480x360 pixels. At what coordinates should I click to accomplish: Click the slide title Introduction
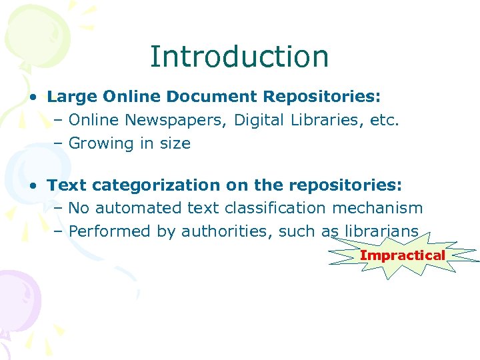click(x=239, y=57)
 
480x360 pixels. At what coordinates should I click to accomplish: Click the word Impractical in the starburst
click(x=402, y=255)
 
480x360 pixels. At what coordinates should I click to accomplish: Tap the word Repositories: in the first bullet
click(x=322, y=97)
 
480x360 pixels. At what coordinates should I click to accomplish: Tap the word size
click(x=174, y=143)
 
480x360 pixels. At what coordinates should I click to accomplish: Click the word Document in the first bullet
click(x=212, y=97)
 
